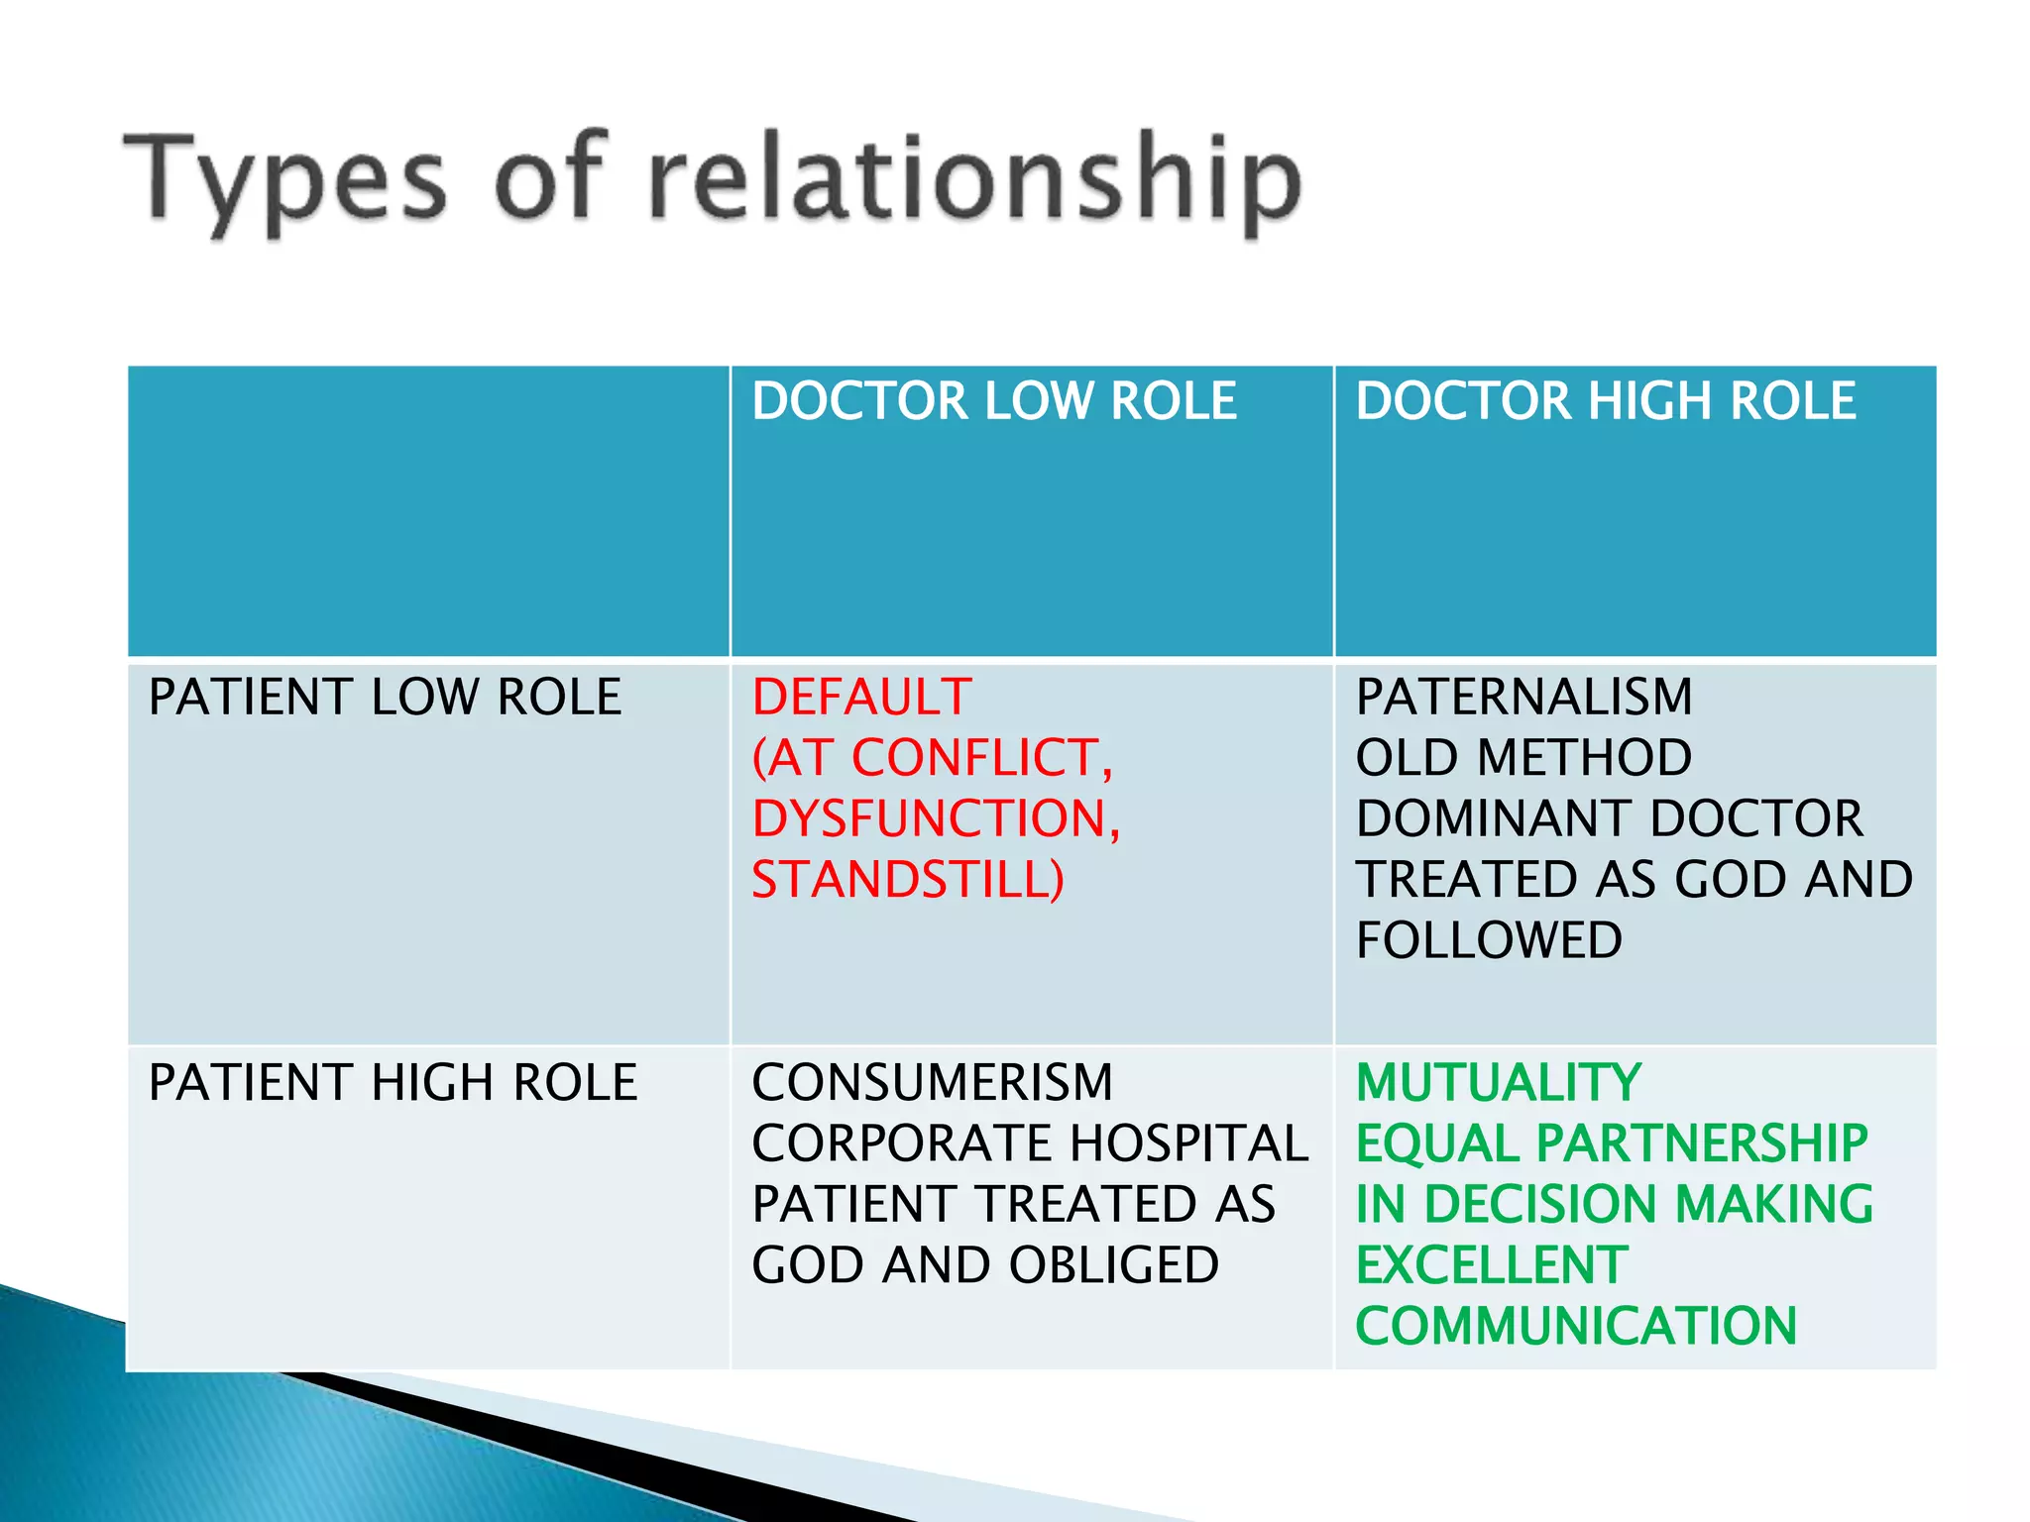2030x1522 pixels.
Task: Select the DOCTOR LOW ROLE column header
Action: pos(993,401)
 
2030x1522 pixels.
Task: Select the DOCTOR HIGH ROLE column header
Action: pos(1605,401)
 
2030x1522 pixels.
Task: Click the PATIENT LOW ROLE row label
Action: pos(385,697)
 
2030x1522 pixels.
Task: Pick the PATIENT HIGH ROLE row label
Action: pos(393,1082)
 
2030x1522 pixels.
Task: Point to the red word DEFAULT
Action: pos(861,697)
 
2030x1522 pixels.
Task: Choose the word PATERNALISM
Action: pos(1523,697)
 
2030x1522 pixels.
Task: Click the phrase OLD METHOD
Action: pos(1523,758)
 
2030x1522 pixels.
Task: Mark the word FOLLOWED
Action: pos(1489,940)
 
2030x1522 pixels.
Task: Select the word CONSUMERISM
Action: pos(932,1082)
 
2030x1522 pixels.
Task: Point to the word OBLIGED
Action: pos(1113,1265)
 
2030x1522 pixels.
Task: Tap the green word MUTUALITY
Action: pos(1498,1082)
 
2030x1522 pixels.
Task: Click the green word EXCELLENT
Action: pos(1492,1265)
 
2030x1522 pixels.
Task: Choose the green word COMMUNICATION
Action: pos(1576,1327)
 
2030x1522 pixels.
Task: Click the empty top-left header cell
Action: pos(428,510)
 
